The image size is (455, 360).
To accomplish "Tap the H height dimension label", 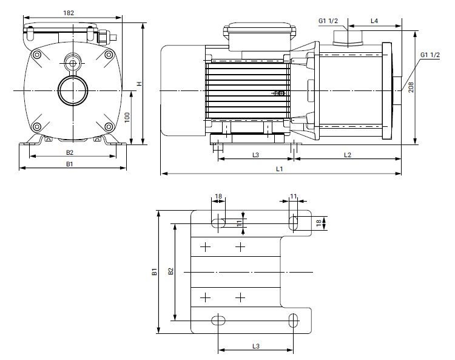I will (139, 84).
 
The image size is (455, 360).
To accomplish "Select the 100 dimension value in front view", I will (127, 117).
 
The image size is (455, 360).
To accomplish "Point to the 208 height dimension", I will (411, 87).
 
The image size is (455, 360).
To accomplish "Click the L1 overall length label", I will (280, 169).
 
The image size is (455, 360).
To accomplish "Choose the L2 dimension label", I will (348, 155).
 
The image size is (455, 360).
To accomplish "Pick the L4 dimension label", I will (374, 21).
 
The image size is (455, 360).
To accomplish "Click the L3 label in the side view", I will (255, 155).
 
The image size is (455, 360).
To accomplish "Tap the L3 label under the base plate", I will (255, 345).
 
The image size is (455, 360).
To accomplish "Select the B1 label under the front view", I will (70, 164).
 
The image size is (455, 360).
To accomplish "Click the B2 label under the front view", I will (70, 152).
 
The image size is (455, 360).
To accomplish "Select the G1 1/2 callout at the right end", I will (430, 55).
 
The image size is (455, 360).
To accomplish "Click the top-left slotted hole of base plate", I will (218, 222).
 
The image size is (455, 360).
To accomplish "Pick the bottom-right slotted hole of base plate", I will (294, 319).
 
